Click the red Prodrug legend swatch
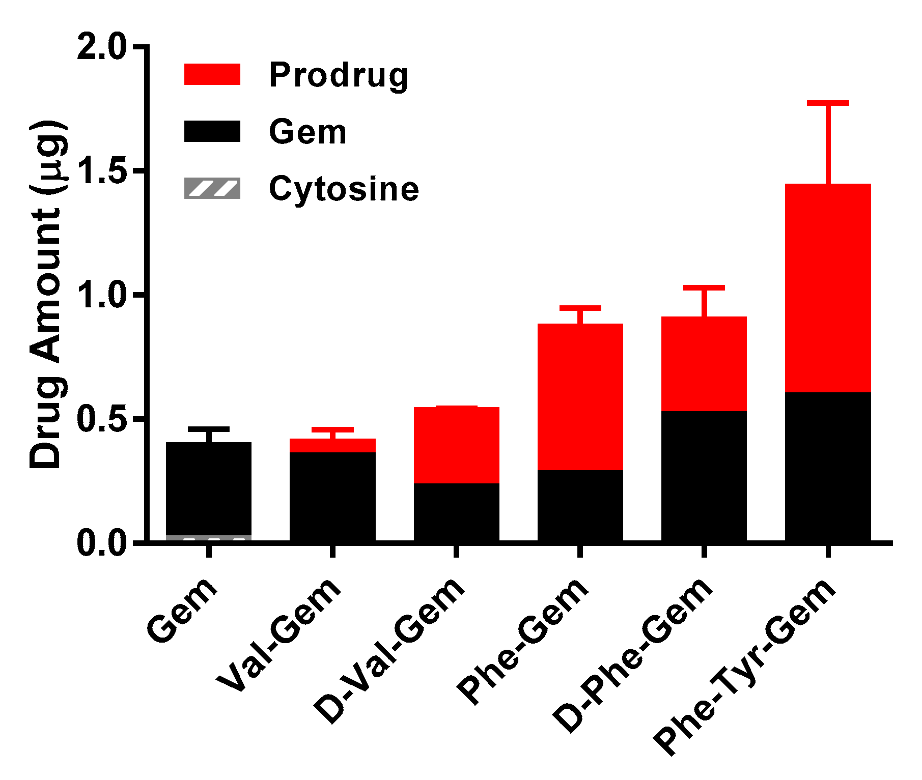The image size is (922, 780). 212,74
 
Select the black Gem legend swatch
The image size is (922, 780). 212,131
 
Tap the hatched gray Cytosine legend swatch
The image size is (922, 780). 212,188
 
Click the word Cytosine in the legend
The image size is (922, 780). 344,189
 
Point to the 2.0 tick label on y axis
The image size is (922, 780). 101,47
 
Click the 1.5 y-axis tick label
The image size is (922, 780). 101,171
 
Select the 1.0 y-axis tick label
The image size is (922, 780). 101,296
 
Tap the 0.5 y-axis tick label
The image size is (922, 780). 101,419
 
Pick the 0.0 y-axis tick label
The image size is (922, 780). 101,543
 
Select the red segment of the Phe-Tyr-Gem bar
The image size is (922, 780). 828,287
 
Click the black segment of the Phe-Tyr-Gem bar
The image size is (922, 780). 828,466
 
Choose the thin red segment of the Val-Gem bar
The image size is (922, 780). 332,446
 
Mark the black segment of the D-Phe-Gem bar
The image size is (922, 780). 704,476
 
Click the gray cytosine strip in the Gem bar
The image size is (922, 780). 209,538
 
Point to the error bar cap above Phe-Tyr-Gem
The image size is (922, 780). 828,103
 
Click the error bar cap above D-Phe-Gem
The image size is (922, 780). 704,288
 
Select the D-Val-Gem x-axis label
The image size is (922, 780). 389,651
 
